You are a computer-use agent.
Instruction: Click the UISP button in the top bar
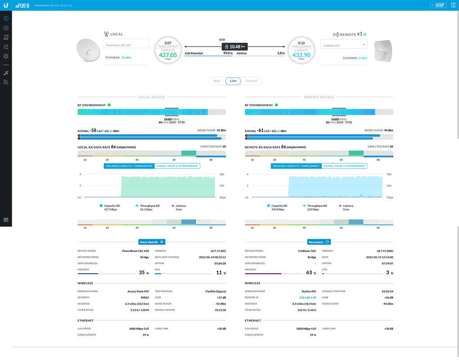(x=438, y=5)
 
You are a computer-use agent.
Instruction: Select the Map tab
(x=217, y=81)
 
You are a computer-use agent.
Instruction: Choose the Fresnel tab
(x=252, y=81)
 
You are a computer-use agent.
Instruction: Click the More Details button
(x=152, y=242)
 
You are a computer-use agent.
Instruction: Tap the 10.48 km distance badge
(x=234, y=46)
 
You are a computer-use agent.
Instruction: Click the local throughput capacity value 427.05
(x=168, y=55)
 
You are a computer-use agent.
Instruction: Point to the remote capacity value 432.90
(x=301, y=55)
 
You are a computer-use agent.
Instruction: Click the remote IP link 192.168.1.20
(x=308, y=297)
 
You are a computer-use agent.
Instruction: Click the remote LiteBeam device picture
(x=383, y=49)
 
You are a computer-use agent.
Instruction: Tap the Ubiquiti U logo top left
(x=6, y=5)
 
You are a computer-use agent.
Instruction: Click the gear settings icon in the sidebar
(x=6, y=56)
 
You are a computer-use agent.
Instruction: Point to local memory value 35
(x=141, y=273)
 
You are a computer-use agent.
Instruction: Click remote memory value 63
(x=309, y=273)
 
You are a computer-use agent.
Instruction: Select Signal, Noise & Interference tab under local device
(x=177, y=166)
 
